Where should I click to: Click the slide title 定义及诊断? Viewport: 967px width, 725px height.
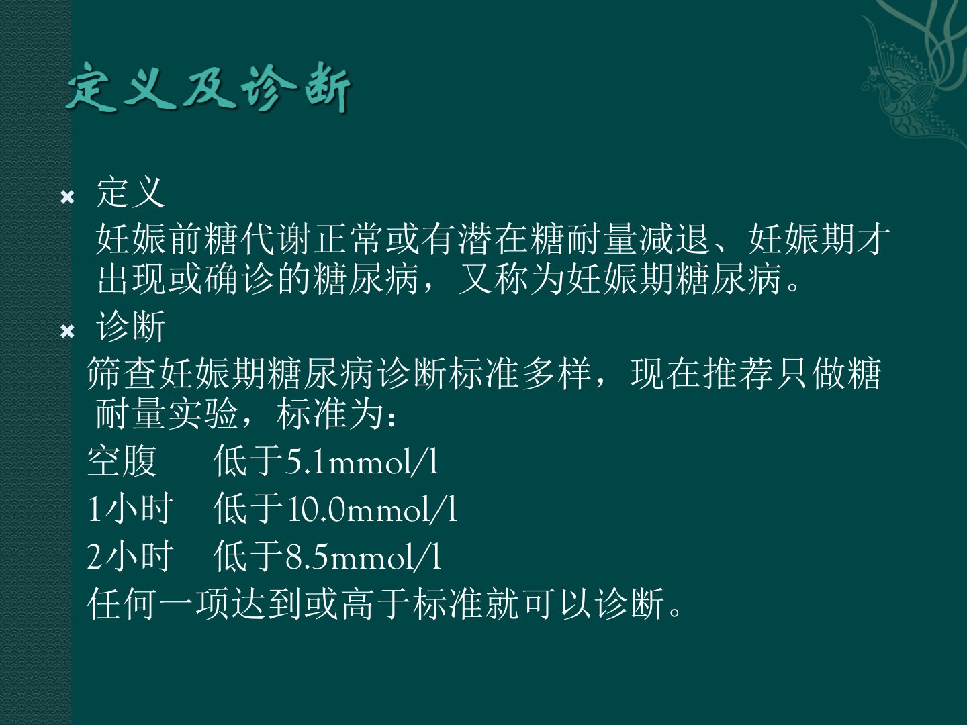coord(208,87)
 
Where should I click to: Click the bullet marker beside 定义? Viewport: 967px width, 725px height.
coord(67,197)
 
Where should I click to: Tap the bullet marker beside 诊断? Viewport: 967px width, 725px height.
coord(67,331)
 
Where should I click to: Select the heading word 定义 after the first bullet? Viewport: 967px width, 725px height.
coord(131,193)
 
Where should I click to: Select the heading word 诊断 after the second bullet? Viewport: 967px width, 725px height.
coord(131,326)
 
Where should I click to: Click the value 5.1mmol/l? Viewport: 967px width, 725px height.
coord(362,462)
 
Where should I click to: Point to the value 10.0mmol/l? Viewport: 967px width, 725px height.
coord(372,510)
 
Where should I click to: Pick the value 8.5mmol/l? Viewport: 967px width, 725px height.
coord(363,557)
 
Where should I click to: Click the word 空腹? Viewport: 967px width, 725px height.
coord(122,461)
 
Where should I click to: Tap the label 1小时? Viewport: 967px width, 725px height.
coord(130,509)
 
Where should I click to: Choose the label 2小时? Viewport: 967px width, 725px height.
coord(130,557)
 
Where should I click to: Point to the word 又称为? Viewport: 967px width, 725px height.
coord(511,279)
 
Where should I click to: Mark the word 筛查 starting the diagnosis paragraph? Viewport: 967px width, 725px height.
coord(122,373)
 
